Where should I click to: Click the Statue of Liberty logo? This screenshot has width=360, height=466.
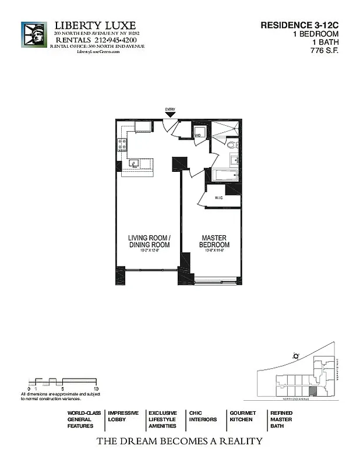coord(34,34)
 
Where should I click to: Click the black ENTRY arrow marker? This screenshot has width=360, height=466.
coord(170,115)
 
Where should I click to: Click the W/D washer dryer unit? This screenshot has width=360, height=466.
coord(199,133)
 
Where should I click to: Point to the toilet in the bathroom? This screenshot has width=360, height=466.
coord(231,144)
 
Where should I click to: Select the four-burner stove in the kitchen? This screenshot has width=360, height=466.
coord(122,144)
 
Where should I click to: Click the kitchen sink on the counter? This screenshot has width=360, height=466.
coord(133,164)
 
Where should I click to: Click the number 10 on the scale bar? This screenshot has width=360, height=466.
coord(96,388)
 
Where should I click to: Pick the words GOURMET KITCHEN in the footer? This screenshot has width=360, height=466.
coord(242,416)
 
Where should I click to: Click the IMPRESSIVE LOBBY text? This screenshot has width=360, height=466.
coord(123,416)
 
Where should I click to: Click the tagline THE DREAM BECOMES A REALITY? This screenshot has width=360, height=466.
coord(179,441)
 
